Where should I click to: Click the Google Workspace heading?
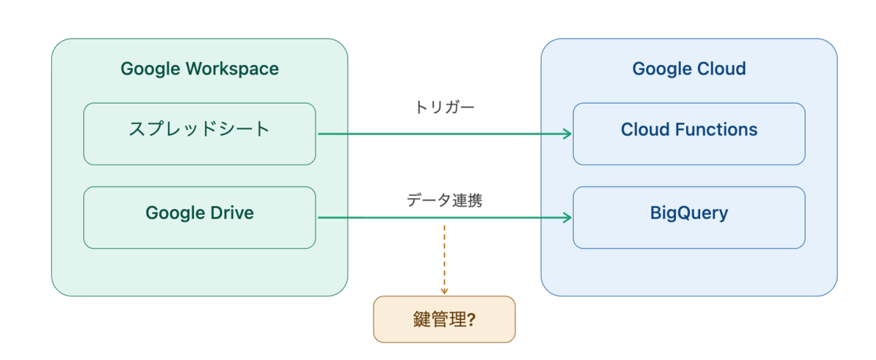(199, 69)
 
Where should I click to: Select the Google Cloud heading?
(689, 69)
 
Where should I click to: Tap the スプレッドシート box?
(199, 134)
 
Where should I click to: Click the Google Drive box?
(199, 218)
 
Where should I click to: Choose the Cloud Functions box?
(689, 134)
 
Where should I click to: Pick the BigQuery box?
(689, 218)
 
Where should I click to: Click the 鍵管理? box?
(445, 319)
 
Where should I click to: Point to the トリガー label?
(445, 107)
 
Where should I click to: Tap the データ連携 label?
(445, 200)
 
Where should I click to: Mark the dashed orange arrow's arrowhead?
(445, 291)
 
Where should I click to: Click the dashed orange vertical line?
(445, 259)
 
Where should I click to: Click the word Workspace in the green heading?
(232, 69)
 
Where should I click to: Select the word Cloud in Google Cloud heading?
(721, 69)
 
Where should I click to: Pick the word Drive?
(232, 213)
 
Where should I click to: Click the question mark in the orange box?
(472, 320)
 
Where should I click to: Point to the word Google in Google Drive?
(176, 214)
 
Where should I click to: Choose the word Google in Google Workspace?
(150, 69)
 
